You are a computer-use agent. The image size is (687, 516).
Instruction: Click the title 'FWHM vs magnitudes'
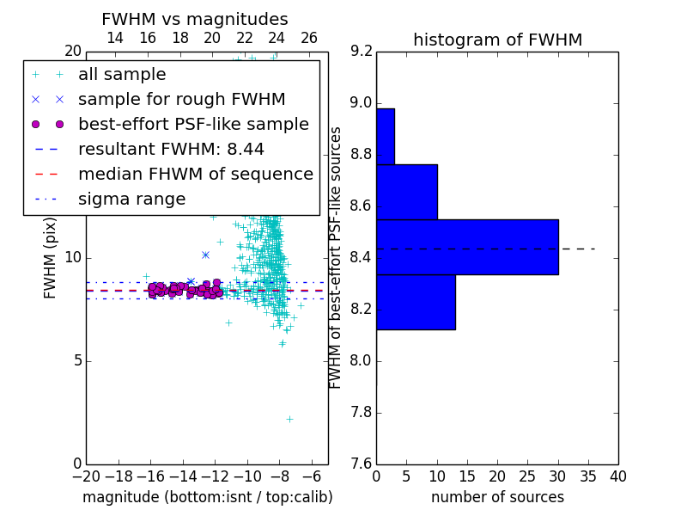195,19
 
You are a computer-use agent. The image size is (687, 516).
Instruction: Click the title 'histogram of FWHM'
498,40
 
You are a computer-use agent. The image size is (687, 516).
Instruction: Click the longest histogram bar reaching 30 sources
467,247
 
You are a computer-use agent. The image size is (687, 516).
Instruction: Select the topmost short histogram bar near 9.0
386,137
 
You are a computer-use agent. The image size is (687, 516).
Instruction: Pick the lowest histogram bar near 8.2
416,302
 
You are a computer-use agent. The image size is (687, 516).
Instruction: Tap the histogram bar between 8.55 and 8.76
407,192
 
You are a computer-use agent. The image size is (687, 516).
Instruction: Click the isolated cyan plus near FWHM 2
289,420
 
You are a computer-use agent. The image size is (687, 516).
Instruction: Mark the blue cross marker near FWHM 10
205,255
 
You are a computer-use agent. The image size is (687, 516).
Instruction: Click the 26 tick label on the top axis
309,38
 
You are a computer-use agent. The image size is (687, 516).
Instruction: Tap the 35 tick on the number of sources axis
588,476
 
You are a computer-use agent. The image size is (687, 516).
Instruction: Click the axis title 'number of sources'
498,497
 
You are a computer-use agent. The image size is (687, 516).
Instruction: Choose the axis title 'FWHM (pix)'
50,258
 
